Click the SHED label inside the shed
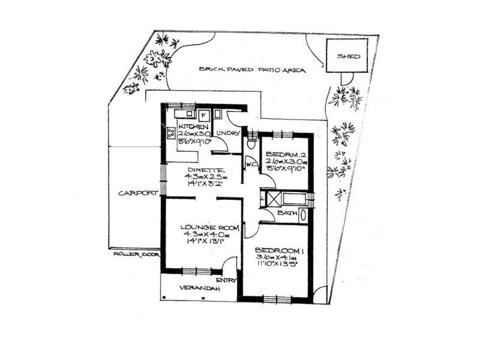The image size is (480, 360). click(x=349, y=56)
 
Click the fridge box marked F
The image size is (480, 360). click(x=203, y=115)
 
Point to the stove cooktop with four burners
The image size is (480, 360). click(x=171, y=133)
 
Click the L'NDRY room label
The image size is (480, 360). click(x=228, y=132)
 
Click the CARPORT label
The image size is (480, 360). click(x=137, y=193)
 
